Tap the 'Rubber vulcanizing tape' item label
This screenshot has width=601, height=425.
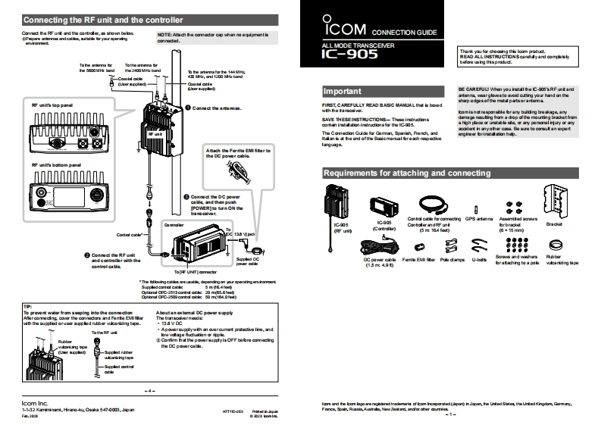click(563, 260)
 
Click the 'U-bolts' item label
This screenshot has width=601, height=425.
click(478, 258)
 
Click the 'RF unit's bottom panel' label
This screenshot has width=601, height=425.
click(55, 163)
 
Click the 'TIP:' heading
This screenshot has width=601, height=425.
click(28, 307)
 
